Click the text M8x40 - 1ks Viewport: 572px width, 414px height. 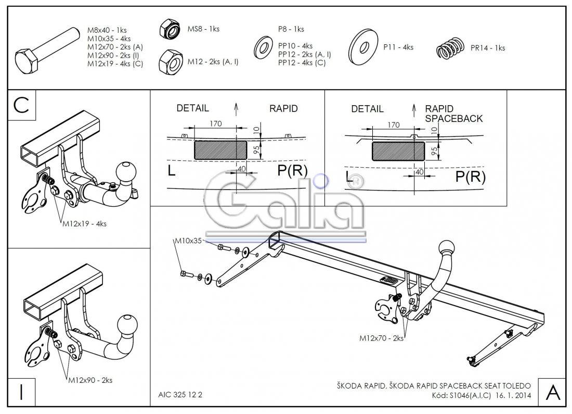point(107,30)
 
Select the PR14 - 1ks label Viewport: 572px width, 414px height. point(487,48)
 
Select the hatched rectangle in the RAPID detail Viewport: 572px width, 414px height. point(220,149)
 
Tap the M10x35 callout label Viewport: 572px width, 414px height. point(188,241)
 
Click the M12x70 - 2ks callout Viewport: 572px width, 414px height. point(382,338)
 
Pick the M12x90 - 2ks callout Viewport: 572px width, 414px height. point(90,380)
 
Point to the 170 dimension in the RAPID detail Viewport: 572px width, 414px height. point(215,123)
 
